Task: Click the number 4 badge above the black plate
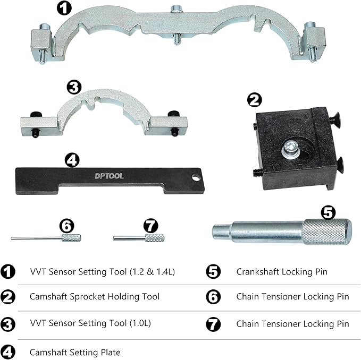[72, 159]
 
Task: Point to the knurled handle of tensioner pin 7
[154, 237]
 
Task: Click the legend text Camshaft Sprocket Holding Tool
[94, 297]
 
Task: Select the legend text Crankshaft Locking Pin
[282, 271]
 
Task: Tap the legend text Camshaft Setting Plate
[75, 352]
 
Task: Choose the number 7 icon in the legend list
[213, 323]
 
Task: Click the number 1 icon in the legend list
[9, 271]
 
